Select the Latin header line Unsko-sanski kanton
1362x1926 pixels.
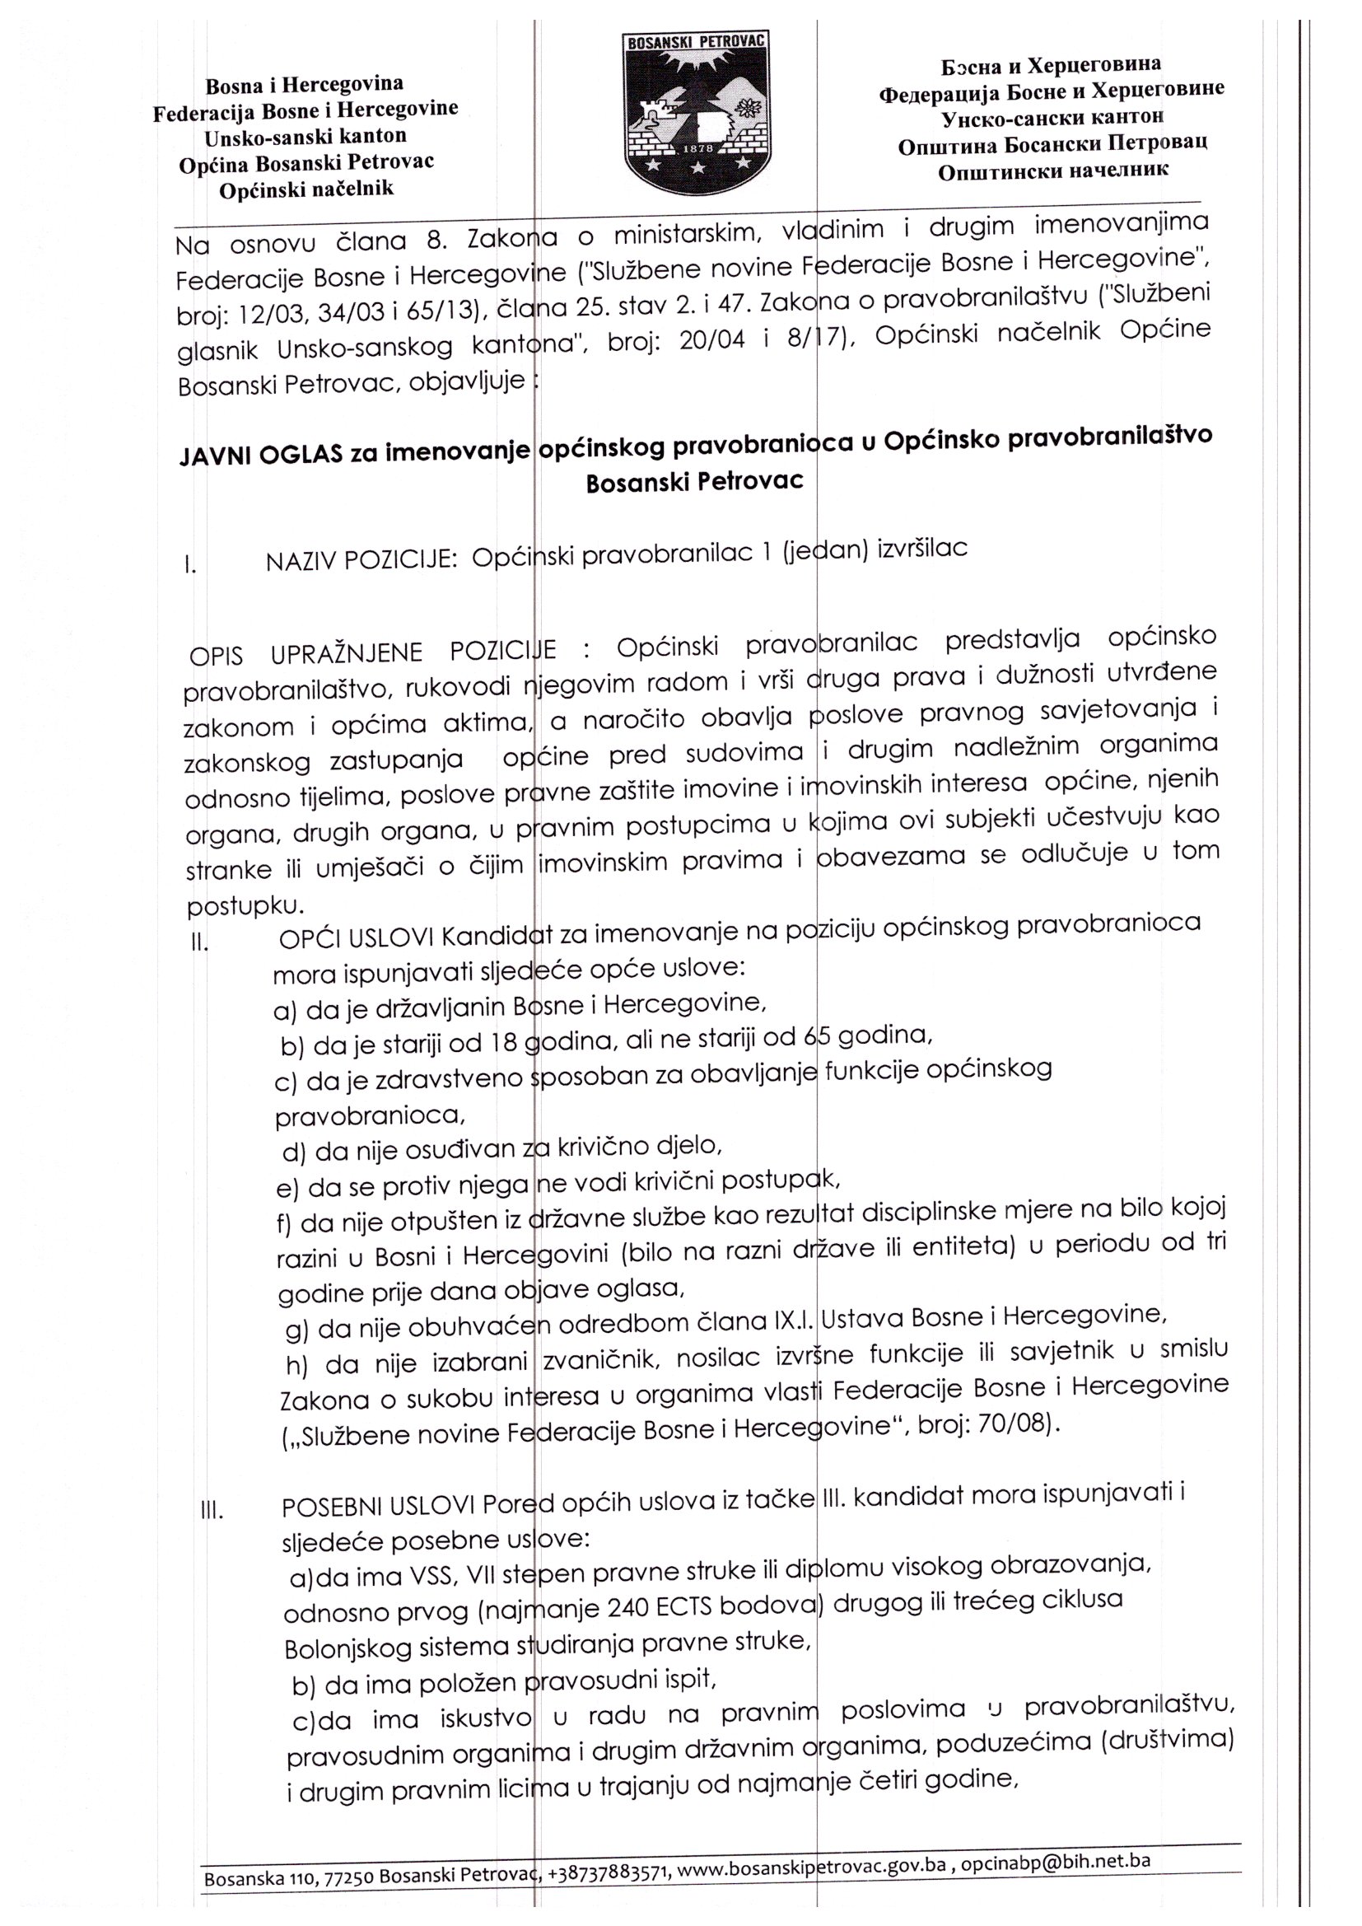(306, 136)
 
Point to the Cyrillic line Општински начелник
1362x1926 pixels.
(1052, 171)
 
